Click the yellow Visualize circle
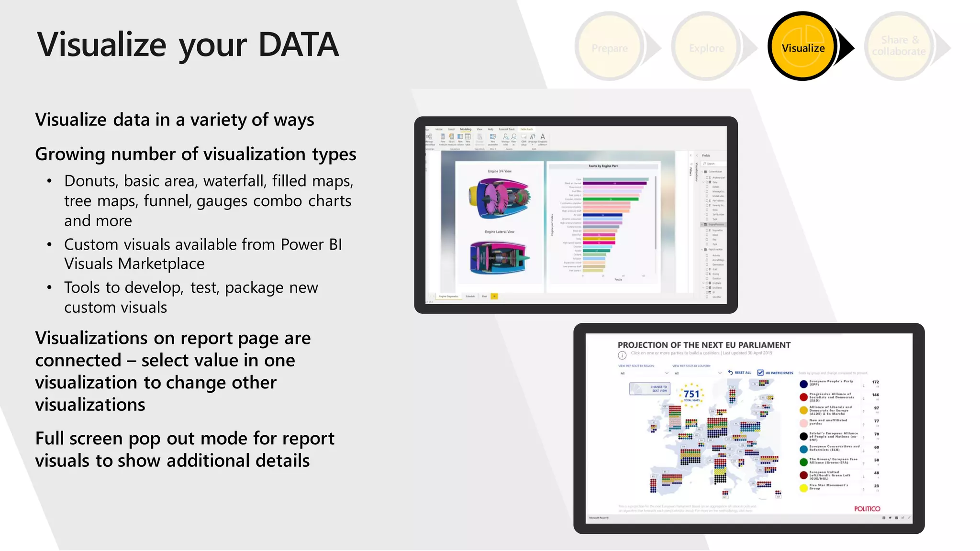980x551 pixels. point(803,46)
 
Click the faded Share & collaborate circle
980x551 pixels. point(899,46)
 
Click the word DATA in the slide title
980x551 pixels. point(298,44)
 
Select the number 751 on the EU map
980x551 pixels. point(691,394)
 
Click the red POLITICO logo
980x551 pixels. point(867,508)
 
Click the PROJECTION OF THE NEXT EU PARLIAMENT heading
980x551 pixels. point(704,345)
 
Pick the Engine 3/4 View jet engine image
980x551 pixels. point(500,198)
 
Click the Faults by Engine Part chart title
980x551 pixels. point(603,166)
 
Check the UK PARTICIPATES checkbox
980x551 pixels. point(760,373)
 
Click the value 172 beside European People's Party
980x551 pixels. point(875,382)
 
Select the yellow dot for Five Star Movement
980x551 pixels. point(803,488)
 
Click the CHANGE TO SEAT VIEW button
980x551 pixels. point(650,389)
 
